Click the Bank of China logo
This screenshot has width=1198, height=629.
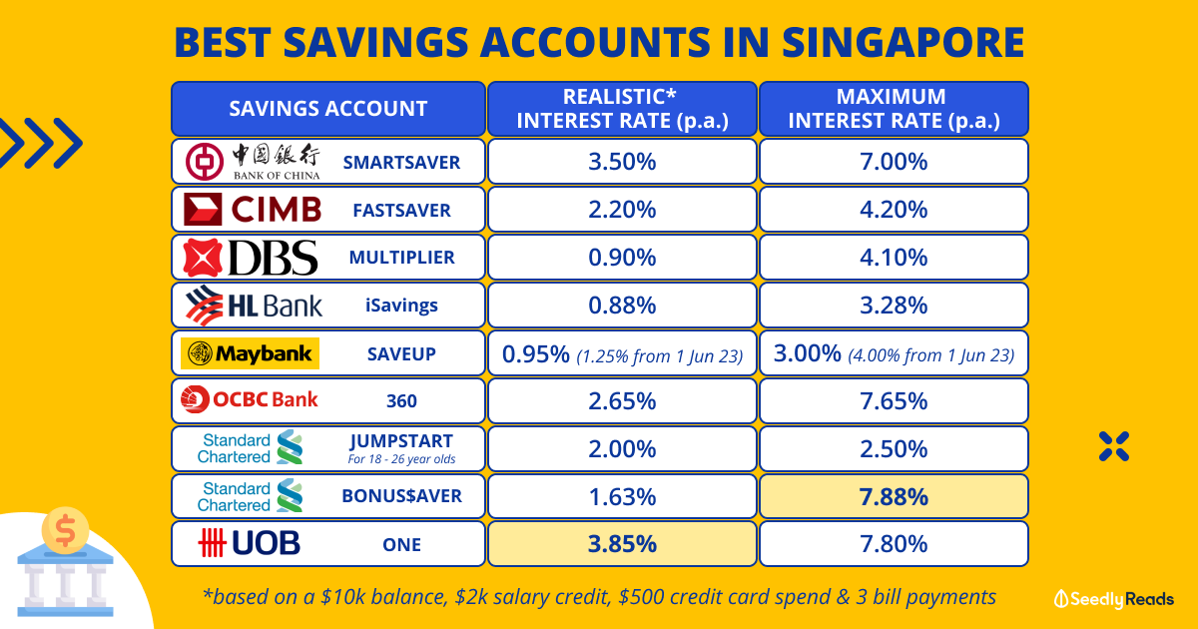click(x=253, y=162)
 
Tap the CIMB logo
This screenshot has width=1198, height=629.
click(x=253, y=209)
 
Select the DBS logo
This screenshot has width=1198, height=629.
click(x=251, y=258)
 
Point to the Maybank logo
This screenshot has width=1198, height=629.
click(x=250, y=353)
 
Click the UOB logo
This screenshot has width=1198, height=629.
click(x=249, y=543)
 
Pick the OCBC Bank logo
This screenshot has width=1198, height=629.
click(x=250, y=399)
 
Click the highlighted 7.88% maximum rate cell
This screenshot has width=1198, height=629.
click(x=894, y=496)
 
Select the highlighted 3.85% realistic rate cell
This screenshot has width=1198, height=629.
click(x=622, y=544)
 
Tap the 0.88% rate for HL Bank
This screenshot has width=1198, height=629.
click(x=622, y=306)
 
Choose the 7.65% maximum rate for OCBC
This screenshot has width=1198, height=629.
click(x=894, y=401)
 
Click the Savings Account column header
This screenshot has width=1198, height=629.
click(x=328, y=109)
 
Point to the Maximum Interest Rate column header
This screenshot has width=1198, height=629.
click(x=894, y=109)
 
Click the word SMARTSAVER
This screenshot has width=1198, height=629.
click(x=401, y=162)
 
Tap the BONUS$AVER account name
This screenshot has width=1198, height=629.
click(x=401, y=496)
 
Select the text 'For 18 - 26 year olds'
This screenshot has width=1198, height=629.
click(x=401, y=459)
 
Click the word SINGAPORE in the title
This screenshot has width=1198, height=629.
click(x=902, y=42)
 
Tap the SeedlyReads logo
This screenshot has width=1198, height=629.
click(x=1113, y=599)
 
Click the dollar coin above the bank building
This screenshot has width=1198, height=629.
click(x=65, y=530)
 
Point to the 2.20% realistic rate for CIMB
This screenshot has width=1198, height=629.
click(x=622, y=210)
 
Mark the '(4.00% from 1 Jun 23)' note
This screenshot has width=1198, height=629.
click(x=931, y=355)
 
